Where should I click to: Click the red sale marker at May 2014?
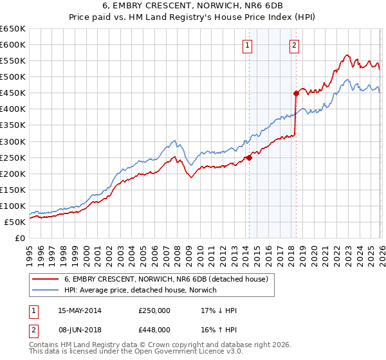click(249, 157)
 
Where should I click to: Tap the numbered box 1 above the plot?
click(248, 45)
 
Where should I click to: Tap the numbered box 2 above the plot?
click(294, 45)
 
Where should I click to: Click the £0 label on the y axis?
click(19, 238)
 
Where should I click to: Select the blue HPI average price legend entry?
click(140, 290)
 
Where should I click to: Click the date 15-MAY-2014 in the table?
click(80, 310)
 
